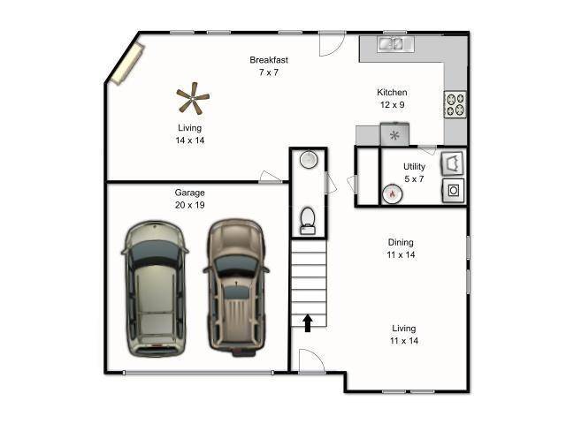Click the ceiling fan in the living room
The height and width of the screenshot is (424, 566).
pyautogui.click(x=192, y=99)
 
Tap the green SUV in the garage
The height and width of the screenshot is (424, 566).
pyautogui.click(x=155, y=288)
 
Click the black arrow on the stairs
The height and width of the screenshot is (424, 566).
pyautogui.click(x=308, y=323)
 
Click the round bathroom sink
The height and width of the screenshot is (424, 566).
pyautogui.click(x=308, y=160)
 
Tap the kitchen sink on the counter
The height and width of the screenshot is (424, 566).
pyautogui.click(x=391, y=42)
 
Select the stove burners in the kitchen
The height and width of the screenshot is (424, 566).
pyautogui.click(x=455, y=104)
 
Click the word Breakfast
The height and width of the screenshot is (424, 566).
pyautogui.click(x=268, y=60)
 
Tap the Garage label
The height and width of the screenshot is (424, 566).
pyautogui.click(x=189, y=193)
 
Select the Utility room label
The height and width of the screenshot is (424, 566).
pyautogui.click(x=414, y=167)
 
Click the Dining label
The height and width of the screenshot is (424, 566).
pyautogui.click(x=401, y=242)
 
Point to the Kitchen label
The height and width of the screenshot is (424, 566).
pyautogui.click(x=392, y=93)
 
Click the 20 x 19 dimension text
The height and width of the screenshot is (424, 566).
pyautogui.click(x=189, y=205)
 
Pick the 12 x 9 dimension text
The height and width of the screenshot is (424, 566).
pyautogui.click(x=392, y=105)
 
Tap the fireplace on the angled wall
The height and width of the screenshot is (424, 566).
pyautogui.click(x=125, y=62)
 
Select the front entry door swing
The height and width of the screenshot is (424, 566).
pyautogui.click(x=311, y=361)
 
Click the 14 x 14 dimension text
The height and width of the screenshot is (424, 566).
pyautogui.click(x=189, y=140)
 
